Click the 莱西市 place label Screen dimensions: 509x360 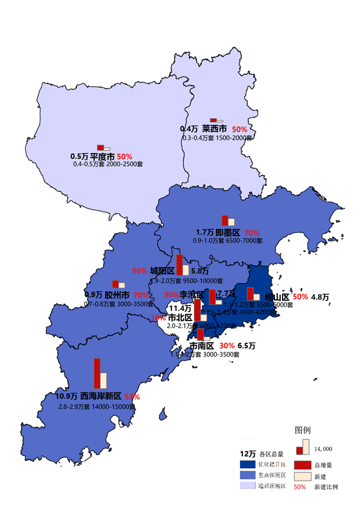(x=214, y=128)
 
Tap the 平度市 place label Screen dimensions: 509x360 (x=102, y=156)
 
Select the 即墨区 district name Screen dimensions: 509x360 (x=228, y=232)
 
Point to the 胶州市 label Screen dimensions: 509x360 (x=117, y=295)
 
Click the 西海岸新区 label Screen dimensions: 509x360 (x=101, y=397)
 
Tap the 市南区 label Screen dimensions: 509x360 (x=202, y=346)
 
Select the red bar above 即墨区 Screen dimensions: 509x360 (x=225, y=220)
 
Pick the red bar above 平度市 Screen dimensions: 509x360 (x=101, y=147)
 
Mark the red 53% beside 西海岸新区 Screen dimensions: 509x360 (x=132, y=397)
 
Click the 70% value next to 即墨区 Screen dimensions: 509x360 (x=252, y=232)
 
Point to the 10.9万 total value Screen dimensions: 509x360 (x=66, y=397)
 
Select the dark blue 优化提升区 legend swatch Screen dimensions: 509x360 (x=248, y=465)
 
